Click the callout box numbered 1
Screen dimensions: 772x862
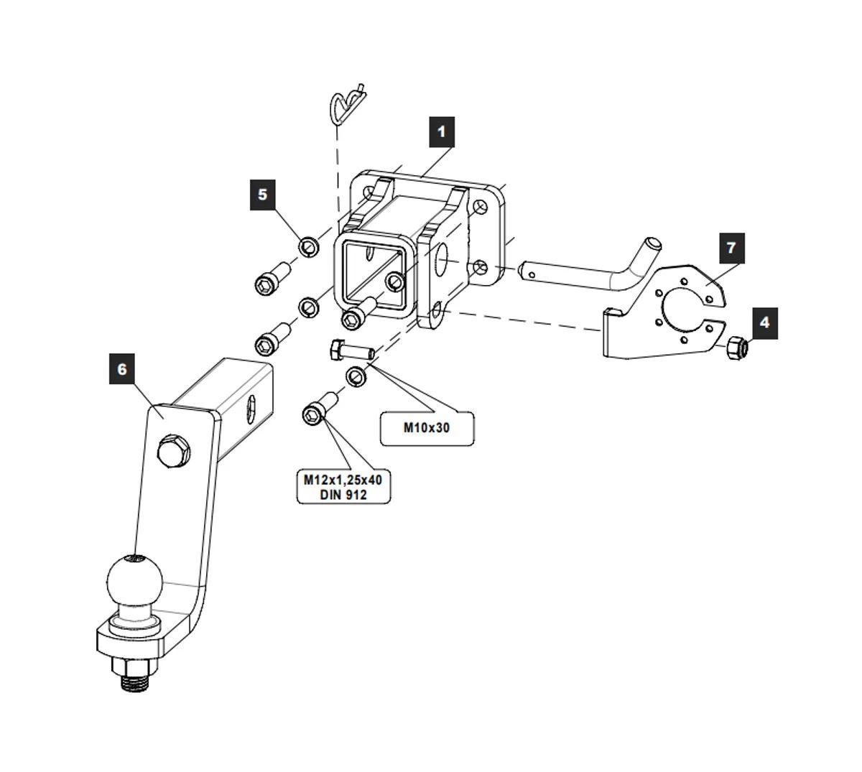pos(441,131)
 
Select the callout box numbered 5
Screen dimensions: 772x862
pos(262,194)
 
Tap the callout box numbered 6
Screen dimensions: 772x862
pos(122,369)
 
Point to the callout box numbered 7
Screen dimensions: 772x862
pos(731,248)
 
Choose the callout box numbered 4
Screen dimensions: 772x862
pos(764,322)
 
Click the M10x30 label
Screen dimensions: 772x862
pos(426,428)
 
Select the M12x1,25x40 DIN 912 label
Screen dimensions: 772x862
pos(343,486)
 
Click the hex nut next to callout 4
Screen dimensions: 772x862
pos(738,347)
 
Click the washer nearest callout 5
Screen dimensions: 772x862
pos(310,246)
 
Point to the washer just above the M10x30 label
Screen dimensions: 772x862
pos(358,376)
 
